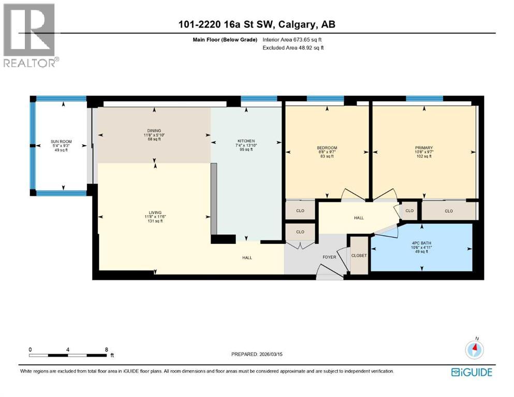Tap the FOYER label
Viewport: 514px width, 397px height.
329,257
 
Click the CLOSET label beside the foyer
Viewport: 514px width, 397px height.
358,255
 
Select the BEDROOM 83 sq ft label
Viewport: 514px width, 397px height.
327,151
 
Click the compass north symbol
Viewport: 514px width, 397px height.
474,350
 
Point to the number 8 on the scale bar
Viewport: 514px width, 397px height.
106,349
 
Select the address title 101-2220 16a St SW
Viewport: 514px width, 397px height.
257,25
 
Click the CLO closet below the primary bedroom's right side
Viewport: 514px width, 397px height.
448,211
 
